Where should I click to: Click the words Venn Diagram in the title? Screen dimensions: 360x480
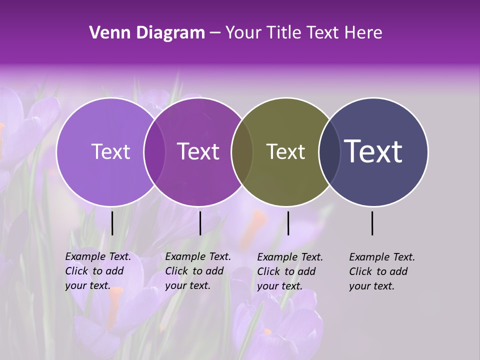(146, 33)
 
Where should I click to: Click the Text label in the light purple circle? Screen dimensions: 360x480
(110, 151)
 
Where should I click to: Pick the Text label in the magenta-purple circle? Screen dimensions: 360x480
(198, 151)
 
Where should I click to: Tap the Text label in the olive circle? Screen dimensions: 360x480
(285, 151)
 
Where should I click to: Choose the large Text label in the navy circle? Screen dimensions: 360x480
(373, 151)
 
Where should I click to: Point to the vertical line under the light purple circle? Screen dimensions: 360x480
(112, 223)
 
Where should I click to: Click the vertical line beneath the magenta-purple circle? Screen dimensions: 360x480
(200, 223)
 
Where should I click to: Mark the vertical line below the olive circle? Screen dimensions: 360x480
(288, 223)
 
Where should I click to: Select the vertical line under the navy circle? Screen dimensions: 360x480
(372, 223)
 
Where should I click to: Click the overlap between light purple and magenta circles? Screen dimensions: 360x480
(154, 151)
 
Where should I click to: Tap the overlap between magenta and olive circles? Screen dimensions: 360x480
(242, 151)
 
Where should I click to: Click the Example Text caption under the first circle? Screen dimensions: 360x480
(97, 271)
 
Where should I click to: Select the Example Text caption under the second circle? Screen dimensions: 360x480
(197, 271)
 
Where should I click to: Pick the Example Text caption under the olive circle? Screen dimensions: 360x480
(289, 271)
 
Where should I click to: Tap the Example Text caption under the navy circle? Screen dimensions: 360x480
(381, 271)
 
